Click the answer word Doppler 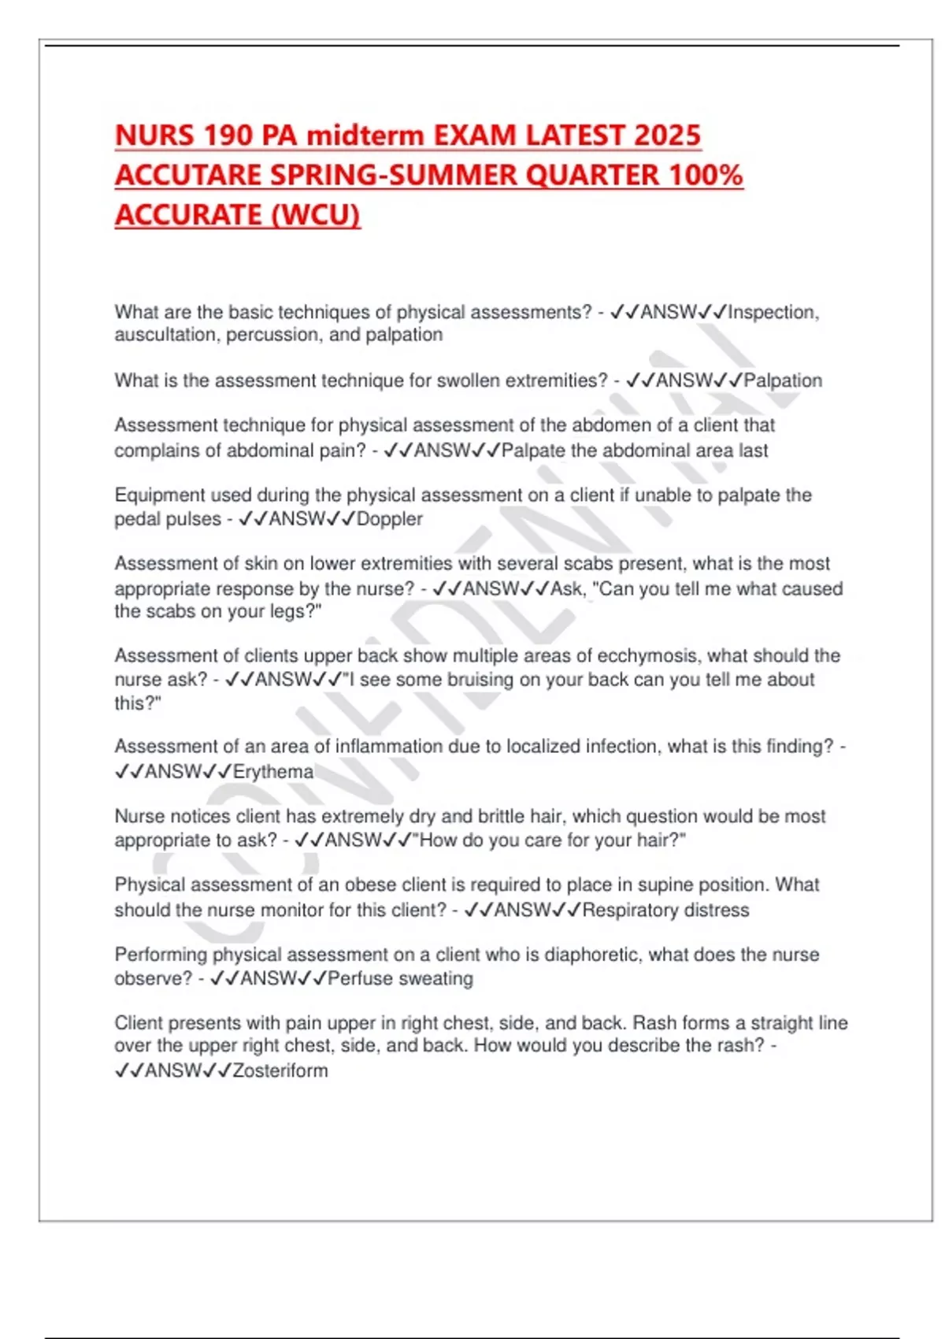click(390, 519)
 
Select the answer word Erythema click(273, 772)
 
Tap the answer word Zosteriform click(280, 1070)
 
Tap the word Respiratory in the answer click(628, 911)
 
